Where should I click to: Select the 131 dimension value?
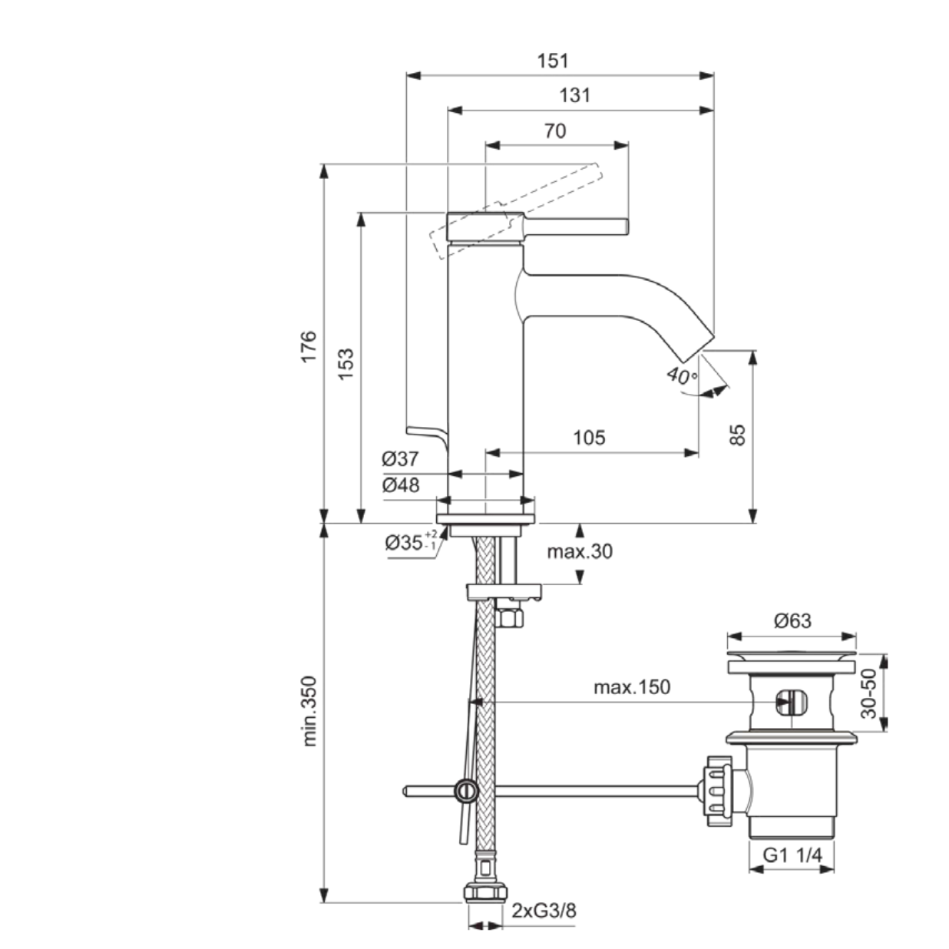pyautogui.click(x=574, y=95)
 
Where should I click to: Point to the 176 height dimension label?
pyautogui.click(x=309, y=347)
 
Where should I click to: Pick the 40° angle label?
pyautogui.click(x=681, y=375)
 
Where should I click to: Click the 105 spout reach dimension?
pyautogui.click(x=589, y=438)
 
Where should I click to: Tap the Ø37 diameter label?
pyautogui.click(x=401, y=459)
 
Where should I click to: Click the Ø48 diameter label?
pyautogui.click(x=401, y=485)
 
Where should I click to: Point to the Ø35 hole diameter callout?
pyautogui.click(x=410, y=541)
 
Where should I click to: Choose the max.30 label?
pyautogui.click(x=580, y=551)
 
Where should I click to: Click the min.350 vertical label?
pyautogui.click(x=309, y=711)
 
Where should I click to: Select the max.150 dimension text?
pyautogui.click(x=631, y=686)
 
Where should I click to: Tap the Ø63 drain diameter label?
pyautogui.click(x=792, y=620)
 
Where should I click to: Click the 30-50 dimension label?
pyautogui.click(x=868, y=693)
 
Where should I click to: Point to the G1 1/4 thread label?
pyautogui.click(x=791, y=855)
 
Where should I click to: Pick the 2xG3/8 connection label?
pyautogui.click(x=544, y=911)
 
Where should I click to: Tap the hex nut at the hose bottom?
pyautogui.click(x=486, y=893)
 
